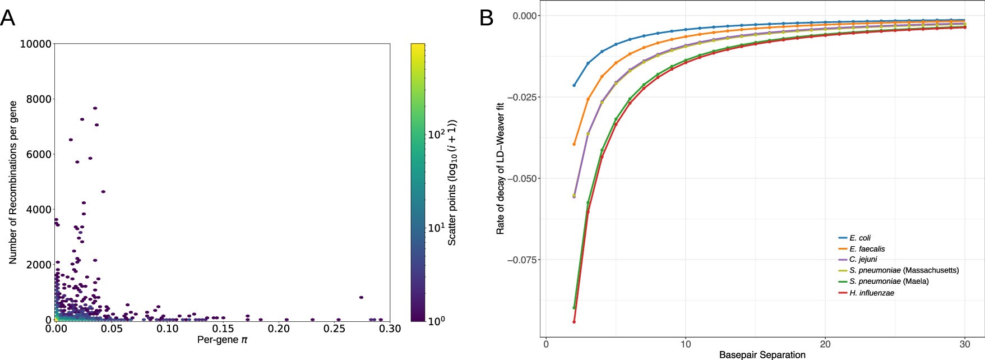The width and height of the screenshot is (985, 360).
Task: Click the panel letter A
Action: pyautogui.click(x=7, y=18)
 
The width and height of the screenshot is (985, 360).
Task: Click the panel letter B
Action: pyautogui.click(x=486, y=18)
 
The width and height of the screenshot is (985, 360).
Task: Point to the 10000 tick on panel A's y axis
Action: pyautogui.click(x=36, y=44)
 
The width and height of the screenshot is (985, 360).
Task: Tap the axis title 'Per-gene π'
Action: pyautogui.click(x=222, y=340)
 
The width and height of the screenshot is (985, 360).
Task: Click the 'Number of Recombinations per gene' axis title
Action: pyautogui.click(x=13, y=182)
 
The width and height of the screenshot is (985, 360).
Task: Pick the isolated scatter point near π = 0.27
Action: pyautogui.click(x=361, y=297)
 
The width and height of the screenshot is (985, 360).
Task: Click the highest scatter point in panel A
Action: pyautogui.click(x=95, y=108)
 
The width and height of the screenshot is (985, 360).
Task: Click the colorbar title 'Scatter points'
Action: pyautogui.click(x=452, y=182)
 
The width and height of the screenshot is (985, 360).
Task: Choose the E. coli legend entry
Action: pyautogui.click(x=859, y=238)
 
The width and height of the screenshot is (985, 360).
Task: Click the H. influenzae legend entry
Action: pyautogui.click(x=871, y=293)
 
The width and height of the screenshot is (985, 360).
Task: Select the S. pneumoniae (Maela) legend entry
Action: pyautogui.click(x=889, y=281)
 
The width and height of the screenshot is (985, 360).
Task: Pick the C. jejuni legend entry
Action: pyautogui.click(x=863, y=260)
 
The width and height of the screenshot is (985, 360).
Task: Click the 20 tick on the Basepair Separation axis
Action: pyautogui.click(x=825, y=344)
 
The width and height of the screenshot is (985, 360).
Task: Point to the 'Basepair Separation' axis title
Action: pyautogui.click(x=762, y=354)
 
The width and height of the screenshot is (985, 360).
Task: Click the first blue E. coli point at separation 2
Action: pyautogui.click(x=574, y=85)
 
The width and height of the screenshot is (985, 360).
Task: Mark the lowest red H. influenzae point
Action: pyautogui.click(x=574, y=322)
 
